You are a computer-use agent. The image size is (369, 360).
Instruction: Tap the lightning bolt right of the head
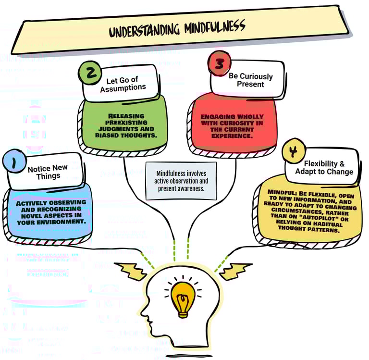[x=235, y=271]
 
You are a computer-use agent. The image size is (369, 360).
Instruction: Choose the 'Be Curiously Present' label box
[x=250, y=80]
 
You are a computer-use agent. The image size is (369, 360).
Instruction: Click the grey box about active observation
[x=181, y=181]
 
